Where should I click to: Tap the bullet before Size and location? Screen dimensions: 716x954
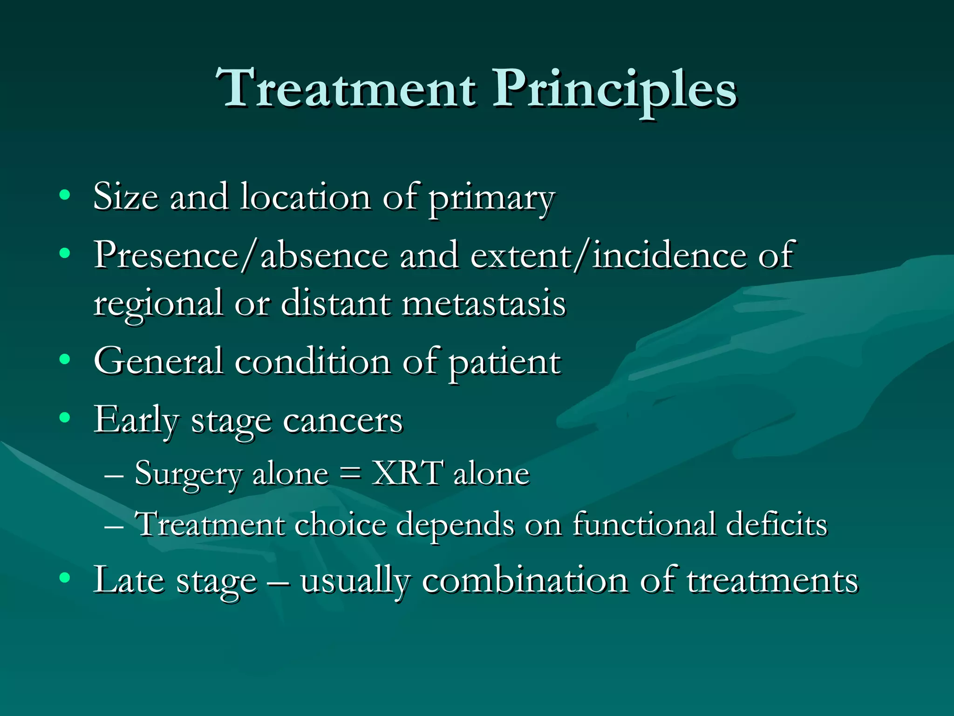65,195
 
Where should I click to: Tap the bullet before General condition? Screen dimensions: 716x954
65,359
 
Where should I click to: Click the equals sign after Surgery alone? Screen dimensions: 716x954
350,474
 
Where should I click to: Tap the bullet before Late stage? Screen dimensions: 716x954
65,578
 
